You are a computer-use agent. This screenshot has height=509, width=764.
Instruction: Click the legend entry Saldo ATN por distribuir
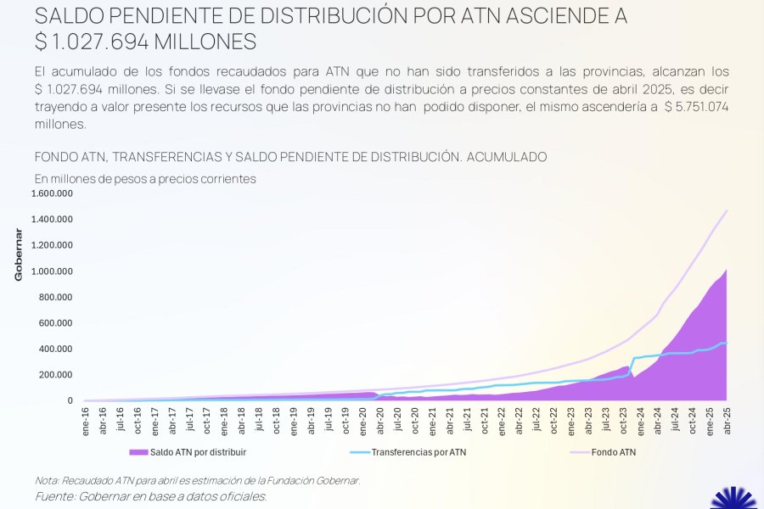(197, 452)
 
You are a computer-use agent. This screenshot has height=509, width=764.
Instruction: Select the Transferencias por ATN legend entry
(419, 452)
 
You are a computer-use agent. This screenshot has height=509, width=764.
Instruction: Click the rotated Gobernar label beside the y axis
(18, 254)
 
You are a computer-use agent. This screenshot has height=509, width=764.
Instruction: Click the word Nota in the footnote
(48, 480)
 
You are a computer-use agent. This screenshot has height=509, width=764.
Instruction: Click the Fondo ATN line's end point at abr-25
(727, 210)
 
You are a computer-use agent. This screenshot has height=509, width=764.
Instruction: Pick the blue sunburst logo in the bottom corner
(733, 500)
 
